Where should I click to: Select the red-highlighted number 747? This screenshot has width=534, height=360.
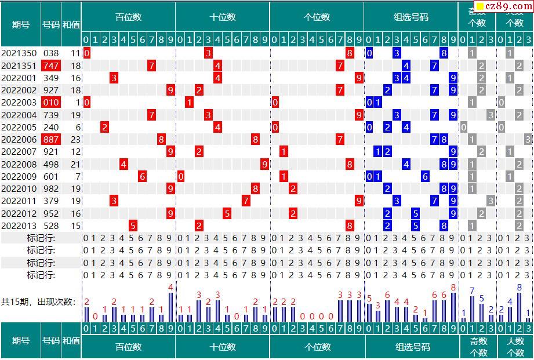tap(51, 66)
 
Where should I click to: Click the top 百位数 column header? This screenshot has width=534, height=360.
tap(128, 17)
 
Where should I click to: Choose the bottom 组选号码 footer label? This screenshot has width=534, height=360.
tap(413, 347)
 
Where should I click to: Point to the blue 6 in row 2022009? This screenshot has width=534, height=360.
tap(425, 176)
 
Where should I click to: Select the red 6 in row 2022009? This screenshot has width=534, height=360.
tap(142, 176)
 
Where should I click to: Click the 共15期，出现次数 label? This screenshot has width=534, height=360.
tap(38, 302)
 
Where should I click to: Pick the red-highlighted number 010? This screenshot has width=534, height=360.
tap(51, 103)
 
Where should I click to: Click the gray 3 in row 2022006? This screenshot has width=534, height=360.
tap(528, 140)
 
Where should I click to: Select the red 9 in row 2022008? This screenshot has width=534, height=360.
tap(265, 164)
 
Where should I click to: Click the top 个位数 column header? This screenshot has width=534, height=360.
tap(317, 17)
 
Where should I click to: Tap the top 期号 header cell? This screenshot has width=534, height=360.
tap(21, 25)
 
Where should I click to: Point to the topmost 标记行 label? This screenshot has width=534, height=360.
tap(41, 238)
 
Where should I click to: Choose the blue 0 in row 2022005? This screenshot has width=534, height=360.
tap(369, 127)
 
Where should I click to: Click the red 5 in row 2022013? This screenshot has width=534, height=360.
tap(133, 226)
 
